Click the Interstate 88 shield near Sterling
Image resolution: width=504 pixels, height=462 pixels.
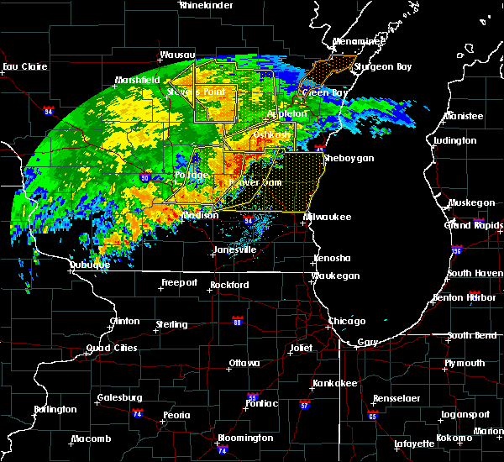[238, 321]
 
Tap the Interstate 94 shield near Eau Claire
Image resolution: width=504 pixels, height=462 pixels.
[48, 110]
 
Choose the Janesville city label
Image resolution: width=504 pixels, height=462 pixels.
[233, 249]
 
